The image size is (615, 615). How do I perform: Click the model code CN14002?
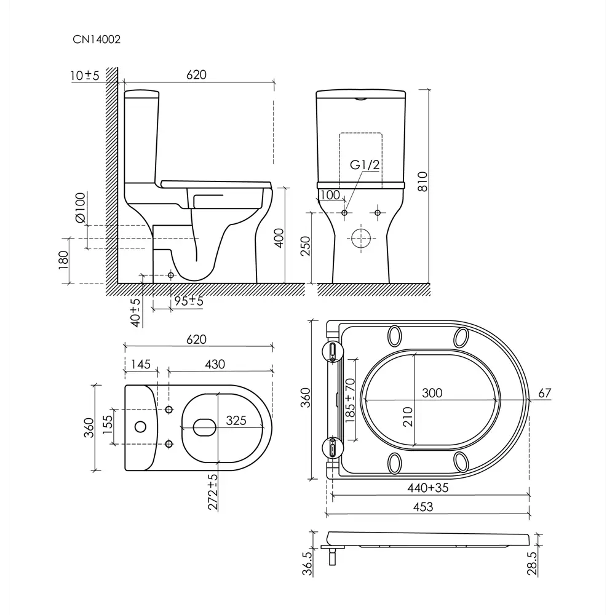pyautogui.click(x=97, y=39)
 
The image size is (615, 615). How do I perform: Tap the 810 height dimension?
pyautogui.click(x=423, y=181)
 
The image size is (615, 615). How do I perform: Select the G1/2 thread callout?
pyautogui.click(x=364, y=165)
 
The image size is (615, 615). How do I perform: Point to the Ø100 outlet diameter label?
pyautogui.click(x=81, y=208)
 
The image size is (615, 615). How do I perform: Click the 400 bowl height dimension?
pyautogui.click(x=279, y=237)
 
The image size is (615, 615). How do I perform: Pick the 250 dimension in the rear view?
pyautogui.click(x=305, y=246)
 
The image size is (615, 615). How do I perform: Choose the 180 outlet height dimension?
pyautogui.click(x=63, y=260)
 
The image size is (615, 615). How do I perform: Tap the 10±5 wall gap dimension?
pyautogui.click(x=85, y=75)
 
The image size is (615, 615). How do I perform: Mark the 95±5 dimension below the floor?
pyautogui.click(x=189, y=301)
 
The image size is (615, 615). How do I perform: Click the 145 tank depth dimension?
pyautogui.click(x=140, y=364)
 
